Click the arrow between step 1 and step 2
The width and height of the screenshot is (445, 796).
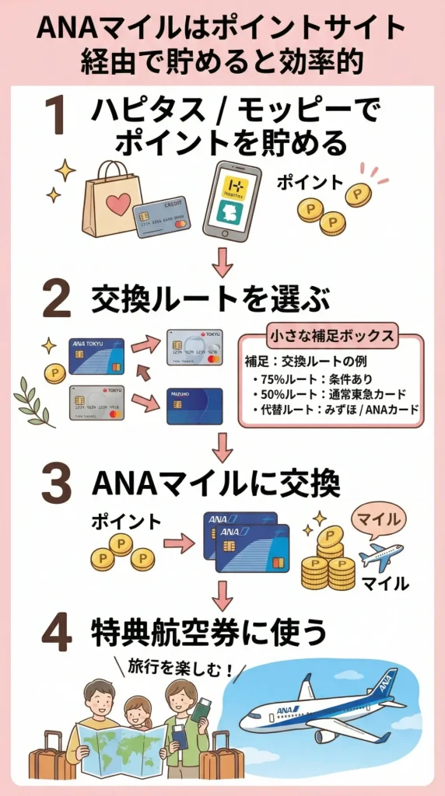pos(223,262)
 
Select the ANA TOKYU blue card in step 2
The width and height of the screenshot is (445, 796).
pos(96,356)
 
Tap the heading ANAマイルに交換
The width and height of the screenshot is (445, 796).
pos(215,484)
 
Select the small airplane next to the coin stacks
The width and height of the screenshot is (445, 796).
pos(380,557)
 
